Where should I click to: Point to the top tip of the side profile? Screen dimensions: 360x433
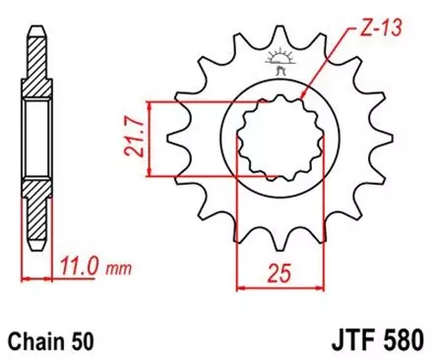click(x=35, y=23)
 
